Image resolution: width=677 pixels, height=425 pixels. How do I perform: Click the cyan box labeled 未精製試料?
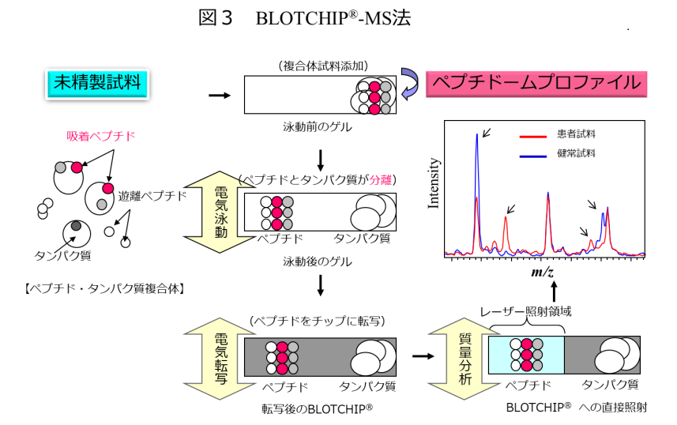click(x=96, y=82)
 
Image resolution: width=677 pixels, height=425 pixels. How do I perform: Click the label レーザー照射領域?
click(x=526, y=311)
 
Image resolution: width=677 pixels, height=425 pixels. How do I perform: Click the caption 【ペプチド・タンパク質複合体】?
click(x=100, y=289)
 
